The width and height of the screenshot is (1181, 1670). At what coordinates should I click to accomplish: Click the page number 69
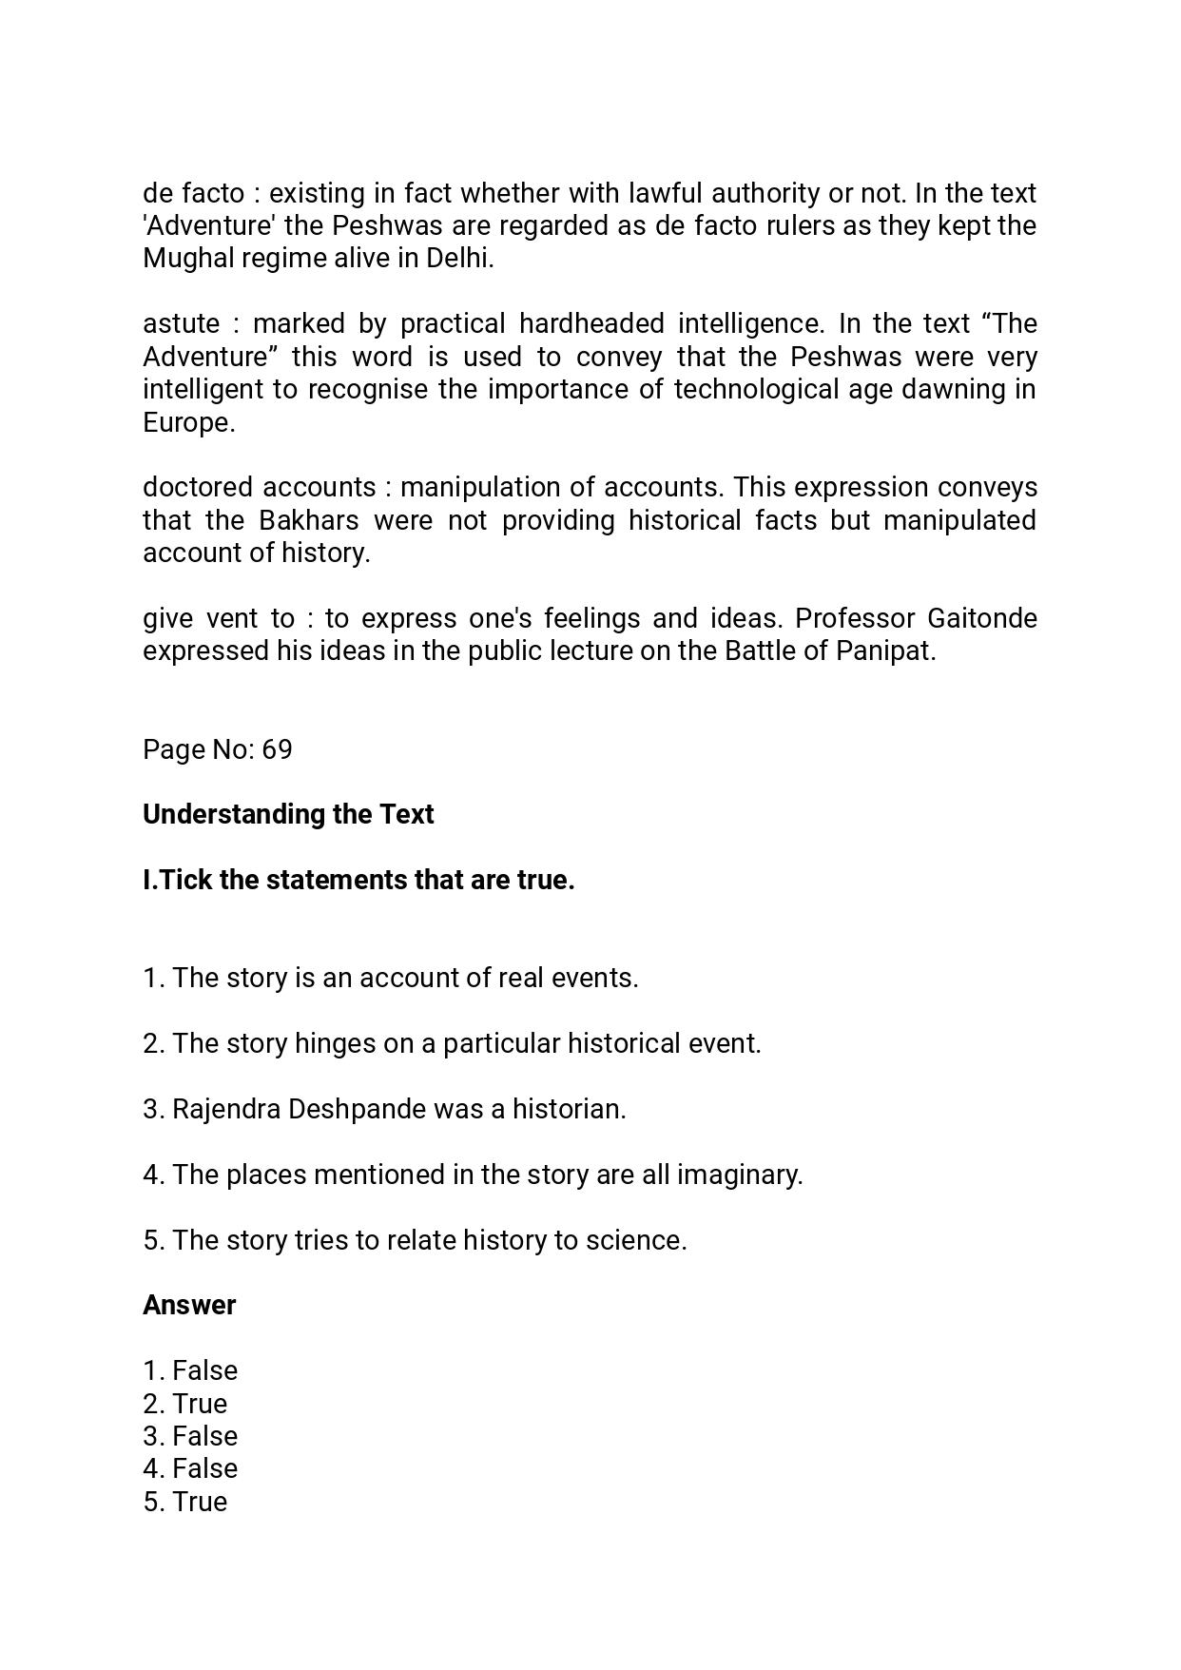pos(277,749)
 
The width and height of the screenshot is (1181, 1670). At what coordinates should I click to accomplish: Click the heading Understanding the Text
pos(288,814)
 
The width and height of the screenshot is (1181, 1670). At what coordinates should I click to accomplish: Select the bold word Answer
pos(189,1305)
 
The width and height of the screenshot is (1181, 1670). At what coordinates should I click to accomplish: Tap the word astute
pos(181,324)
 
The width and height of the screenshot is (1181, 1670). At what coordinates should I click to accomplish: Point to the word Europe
pos(187,422)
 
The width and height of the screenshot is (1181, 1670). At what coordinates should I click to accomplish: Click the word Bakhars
pos(308,520)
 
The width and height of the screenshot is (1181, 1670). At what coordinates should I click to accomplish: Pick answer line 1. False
pos(190,1370)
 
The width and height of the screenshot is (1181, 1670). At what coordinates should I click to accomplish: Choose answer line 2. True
pos(185,1404)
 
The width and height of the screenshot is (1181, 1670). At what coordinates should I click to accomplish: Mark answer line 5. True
pos(185,1502)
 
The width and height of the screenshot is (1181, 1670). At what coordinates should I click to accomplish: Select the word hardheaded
pos(591,324)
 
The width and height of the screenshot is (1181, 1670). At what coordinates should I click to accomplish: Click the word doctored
pos(198,487)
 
